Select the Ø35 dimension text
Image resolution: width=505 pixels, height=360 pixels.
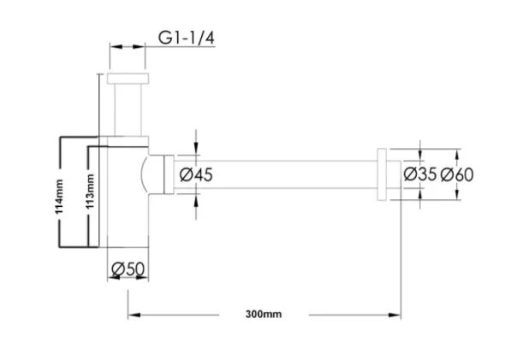click(419, 174)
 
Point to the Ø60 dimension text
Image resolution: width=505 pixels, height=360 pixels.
click(457, 174)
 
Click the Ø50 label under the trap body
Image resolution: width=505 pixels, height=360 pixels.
click(128, 270)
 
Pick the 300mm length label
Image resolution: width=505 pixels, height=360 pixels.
click(263, 315)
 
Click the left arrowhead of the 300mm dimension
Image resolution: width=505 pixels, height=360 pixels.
click(133, 315)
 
